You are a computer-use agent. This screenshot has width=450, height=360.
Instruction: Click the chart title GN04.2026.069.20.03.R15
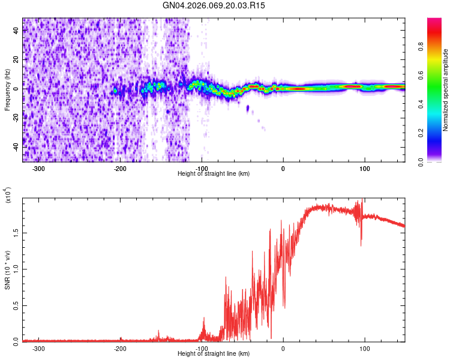click(214, 5)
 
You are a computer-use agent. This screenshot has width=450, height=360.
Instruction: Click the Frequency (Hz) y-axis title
click(8, 90)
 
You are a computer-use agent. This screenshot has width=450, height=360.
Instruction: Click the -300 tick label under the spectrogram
click(39, 168)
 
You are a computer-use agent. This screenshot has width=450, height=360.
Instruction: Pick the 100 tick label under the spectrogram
click(365, 168)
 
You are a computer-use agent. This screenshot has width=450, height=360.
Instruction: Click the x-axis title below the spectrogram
click(214, 174)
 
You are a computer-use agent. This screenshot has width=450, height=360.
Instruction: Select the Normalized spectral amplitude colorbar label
click(446, 90)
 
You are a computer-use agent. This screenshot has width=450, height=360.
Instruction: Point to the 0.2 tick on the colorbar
click(438, 133)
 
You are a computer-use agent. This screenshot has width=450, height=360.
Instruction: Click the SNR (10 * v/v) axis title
click(8, 270)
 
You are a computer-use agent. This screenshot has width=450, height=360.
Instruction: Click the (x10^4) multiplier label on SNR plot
click(8, 196)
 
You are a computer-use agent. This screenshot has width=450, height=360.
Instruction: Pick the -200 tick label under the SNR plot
click(120, 349)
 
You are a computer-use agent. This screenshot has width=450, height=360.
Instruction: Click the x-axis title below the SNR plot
click(214, 355)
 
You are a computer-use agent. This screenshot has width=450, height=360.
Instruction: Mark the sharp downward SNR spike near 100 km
click(361, 243)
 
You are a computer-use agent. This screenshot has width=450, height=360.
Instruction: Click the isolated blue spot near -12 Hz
click(248, 108)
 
